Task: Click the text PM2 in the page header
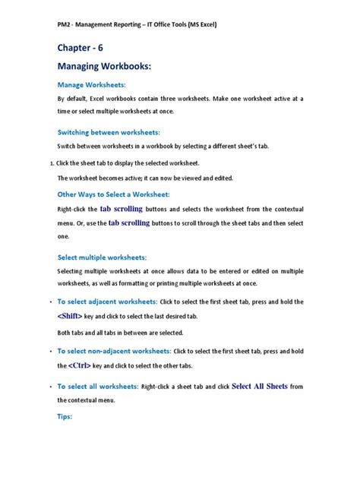pyautogui.click(x=65, y=24)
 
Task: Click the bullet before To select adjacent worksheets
pyautogui.click(x=49, y=302)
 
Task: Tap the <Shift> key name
pyautogui.click(x=74, y=316)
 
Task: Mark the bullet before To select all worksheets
pyautogui.click(x=49, y=387)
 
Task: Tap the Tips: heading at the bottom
pyautogui.click(x=65, y=416)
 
